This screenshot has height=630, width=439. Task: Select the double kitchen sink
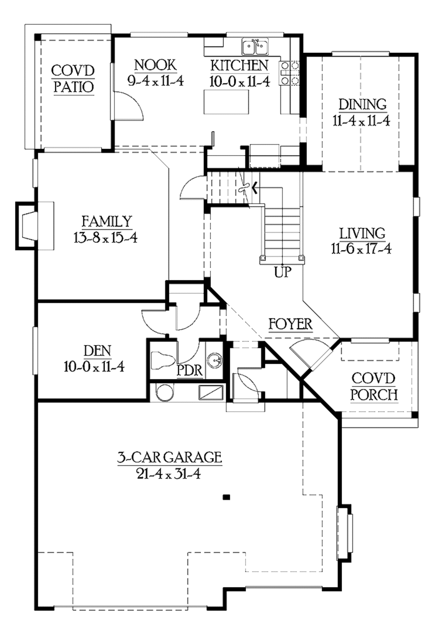255,47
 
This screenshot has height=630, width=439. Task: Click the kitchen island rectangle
226,103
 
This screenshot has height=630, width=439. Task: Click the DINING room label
362,104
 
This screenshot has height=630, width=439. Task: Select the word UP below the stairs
283,272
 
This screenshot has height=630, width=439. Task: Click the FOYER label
290,324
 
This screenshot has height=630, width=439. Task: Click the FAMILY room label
107,221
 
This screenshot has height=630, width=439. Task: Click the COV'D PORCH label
374,386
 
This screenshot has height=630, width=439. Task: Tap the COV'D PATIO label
73,79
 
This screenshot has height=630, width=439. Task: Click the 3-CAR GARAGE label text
170,457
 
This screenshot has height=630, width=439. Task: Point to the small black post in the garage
227,497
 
